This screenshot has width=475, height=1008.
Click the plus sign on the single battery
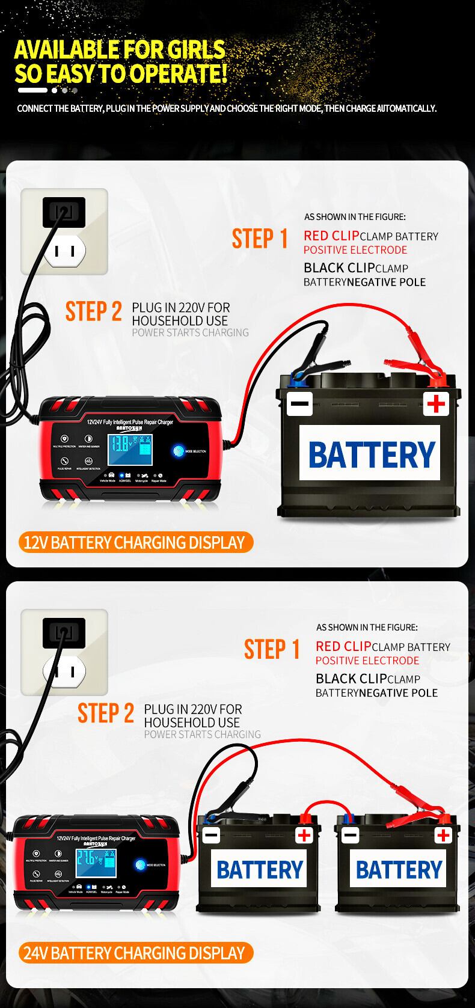(436, 403)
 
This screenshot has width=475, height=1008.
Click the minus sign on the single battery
(299, 403)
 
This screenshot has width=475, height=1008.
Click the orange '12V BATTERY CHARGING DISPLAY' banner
(134, 542)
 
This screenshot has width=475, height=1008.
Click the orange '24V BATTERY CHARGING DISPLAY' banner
(134, 953)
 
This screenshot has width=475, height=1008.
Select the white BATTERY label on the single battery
(372, 454)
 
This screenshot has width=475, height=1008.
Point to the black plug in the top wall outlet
(64, 212)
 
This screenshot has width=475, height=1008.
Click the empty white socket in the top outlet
(64, 252)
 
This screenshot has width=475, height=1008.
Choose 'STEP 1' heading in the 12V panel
(260, 239)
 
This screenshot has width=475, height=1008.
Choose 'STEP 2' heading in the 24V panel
(105, 713)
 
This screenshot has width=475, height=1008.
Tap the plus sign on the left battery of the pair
(304, 835)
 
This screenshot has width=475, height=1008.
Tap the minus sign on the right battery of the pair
(350, 835)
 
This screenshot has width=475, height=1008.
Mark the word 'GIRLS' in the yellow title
(190, 50)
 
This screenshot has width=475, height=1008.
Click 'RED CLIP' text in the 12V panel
(331, 236)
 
